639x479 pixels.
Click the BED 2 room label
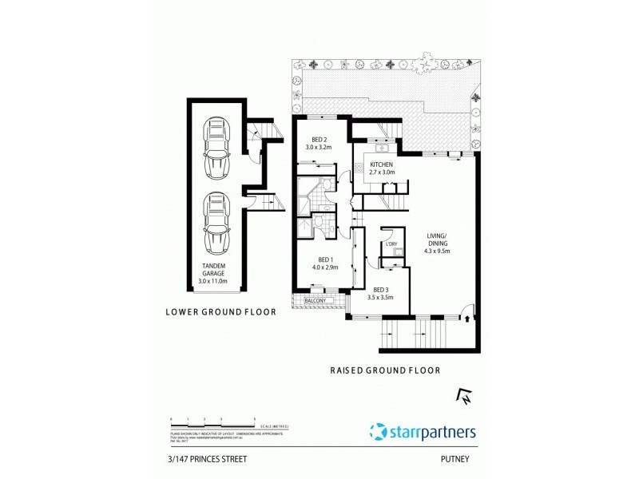(319, 135)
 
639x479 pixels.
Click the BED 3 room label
(380, 291)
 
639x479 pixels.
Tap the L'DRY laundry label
(391, 243)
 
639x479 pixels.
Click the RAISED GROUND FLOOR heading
(386, 370)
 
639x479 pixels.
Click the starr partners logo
(423, 432)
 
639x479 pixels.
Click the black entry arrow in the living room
(466, 319)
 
